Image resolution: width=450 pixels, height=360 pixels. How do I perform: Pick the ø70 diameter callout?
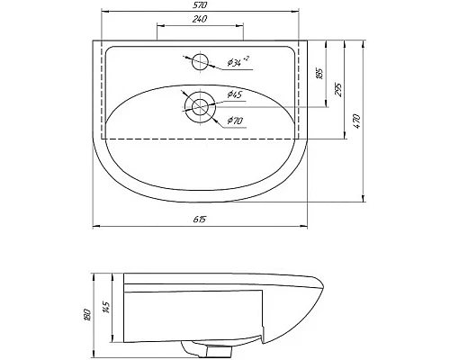[x=236, y=120]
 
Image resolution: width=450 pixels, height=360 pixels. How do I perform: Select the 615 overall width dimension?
[x=198, y=220]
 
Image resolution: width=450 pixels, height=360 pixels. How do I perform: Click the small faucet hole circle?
[x=199, y=62]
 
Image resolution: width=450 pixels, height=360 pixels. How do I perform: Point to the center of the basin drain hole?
[x=200, y=106]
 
